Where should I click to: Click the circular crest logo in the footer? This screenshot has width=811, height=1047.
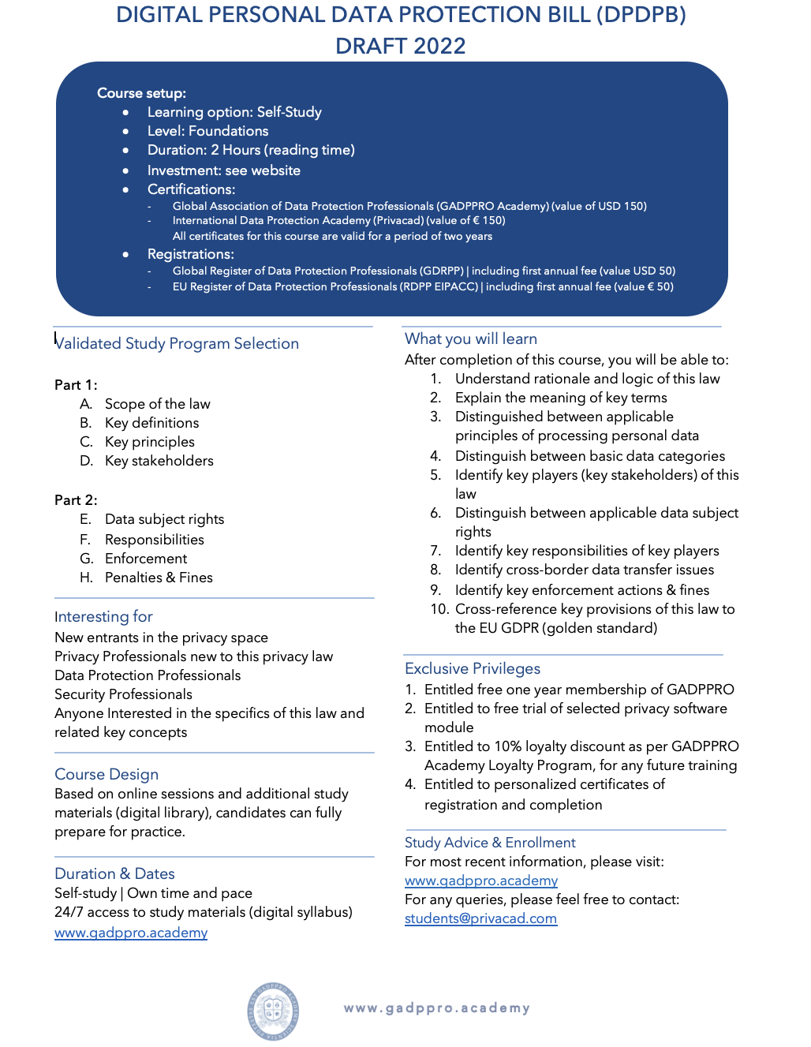point(273,1011)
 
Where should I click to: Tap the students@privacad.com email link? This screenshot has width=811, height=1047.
point(480,918)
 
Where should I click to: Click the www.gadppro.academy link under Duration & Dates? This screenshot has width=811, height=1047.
point(131,933)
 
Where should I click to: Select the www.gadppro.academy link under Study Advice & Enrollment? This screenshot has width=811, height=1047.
point(481,881)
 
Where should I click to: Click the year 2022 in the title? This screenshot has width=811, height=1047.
point(440,47)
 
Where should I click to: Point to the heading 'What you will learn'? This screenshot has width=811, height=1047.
point(471,338)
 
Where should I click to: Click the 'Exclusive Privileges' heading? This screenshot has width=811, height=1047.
point(473,668)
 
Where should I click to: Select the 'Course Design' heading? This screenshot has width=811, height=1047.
point(107,774)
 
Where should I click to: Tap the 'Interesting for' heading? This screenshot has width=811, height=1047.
point(103,616)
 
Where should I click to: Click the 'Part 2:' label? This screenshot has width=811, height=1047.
point(76,500)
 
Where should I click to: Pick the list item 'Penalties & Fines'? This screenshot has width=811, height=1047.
point(159,578)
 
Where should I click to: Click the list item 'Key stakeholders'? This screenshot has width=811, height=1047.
point(159,461)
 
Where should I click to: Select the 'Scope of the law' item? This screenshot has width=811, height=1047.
point(157,404)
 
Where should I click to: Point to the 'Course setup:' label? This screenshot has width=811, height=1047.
point(141,93)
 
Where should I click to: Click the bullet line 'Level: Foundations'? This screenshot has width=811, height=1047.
point(207,131)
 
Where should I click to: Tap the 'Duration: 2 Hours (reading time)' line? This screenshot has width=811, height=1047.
point(251,150)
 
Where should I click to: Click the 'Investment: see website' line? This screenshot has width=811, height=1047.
point(223,170)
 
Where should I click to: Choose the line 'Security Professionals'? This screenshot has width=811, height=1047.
point(123,694)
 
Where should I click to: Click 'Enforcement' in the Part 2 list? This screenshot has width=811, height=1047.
point(146,559)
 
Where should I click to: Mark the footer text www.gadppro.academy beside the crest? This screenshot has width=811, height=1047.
point(436,1008)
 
